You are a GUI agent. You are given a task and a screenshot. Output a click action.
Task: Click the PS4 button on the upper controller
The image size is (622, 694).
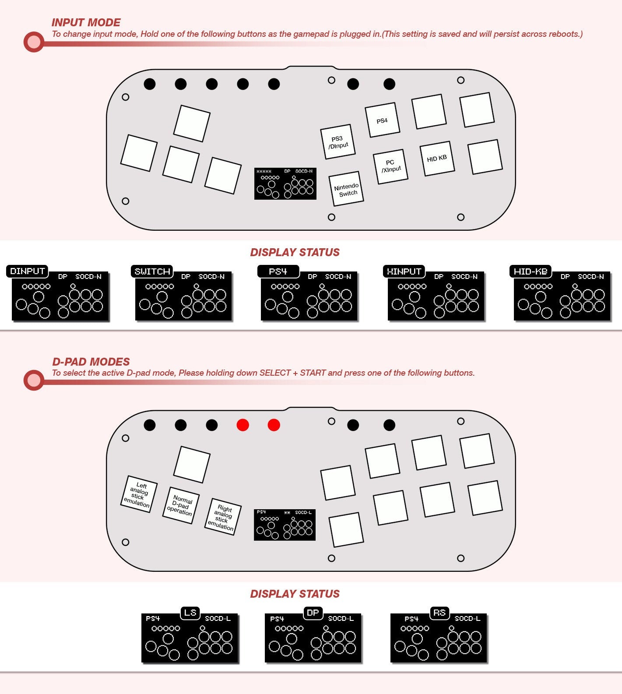pos(382,120)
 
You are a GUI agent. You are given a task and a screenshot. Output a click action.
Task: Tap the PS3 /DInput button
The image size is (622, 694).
pos(337,142)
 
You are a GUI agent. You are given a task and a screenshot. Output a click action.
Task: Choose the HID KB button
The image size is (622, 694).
pos(436,159)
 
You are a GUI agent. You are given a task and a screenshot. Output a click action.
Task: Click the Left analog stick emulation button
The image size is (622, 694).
pos(139,494)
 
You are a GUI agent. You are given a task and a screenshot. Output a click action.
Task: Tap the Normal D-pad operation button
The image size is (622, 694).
pos(181,505)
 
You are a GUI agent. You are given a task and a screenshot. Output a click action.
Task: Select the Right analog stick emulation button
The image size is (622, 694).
pos(223,517)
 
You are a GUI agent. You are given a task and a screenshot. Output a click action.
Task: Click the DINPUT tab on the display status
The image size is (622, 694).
pos(27,271)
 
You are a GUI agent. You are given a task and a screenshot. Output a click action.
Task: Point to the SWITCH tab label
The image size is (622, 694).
pos(152,271)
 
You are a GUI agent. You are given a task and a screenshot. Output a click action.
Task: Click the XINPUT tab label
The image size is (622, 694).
pos(404,271)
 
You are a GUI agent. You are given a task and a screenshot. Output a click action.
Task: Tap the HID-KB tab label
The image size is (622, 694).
pos(530,271)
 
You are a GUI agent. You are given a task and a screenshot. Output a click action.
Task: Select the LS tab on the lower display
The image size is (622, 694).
pos(190,613)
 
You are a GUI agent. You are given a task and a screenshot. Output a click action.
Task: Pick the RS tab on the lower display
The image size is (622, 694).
pos(439,613)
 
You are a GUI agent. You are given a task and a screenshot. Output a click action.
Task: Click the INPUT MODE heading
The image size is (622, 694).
pos(86,22)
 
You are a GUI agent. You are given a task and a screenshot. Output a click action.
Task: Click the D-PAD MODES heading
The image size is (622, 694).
pos(91,362)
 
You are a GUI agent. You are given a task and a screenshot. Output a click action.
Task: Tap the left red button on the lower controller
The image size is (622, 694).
pos(242,425)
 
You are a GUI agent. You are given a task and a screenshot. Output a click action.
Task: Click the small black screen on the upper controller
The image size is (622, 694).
pos(285,184)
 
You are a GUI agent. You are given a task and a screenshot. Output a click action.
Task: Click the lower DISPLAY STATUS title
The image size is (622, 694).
pos(295,594)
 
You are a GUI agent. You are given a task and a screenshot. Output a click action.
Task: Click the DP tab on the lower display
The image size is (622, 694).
pos(313,613)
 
